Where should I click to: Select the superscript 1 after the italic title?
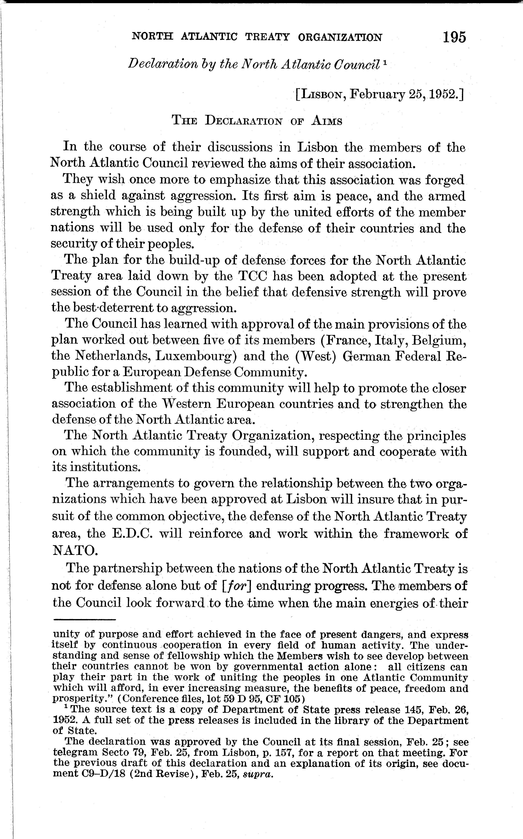click(385, 62)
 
